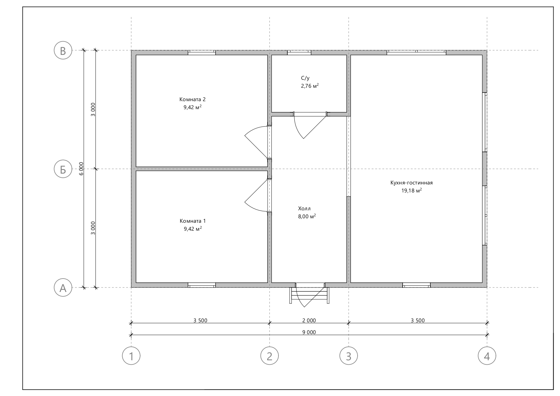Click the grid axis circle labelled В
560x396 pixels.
[63, 50]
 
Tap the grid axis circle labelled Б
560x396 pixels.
[63, 169]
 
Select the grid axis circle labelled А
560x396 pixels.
[63, 288]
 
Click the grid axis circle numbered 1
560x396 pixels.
[131, 355]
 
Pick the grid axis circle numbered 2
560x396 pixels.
[270, 355]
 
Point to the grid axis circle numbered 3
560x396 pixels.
[349, 355]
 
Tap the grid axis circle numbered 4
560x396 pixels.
[487, 355]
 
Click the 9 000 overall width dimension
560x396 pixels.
[309, 332]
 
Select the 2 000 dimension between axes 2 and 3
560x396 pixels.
[309, 320]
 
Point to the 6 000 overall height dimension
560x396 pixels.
[81, 168]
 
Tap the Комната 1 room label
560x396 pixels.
[193, 221]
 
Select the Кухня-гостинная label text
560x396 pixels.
[412, 183]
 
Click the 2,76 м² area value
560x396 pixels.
[310, 86]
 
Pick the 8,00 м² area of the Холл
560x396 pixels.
[307, 216]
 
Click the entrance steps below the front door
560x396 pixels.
[309, 295]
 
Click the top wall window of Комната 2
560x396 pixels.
[202, 53]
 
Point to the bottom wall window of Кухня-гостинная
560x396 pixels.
[416, 285]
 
